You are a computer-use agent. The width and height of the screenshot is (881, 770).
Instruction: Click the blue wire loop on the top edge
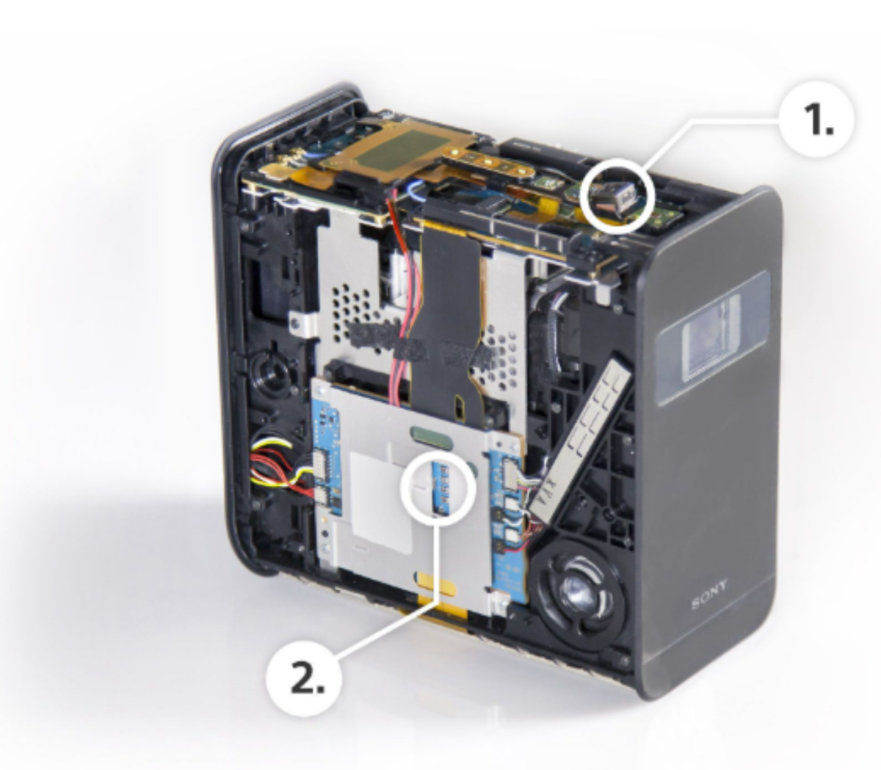413,192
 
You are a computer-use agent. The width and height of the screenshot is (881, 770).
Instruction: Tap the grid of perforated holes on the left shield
349,310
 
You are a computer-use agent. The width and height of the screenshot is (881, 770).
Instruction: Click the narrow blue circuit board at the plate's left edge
329,452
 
